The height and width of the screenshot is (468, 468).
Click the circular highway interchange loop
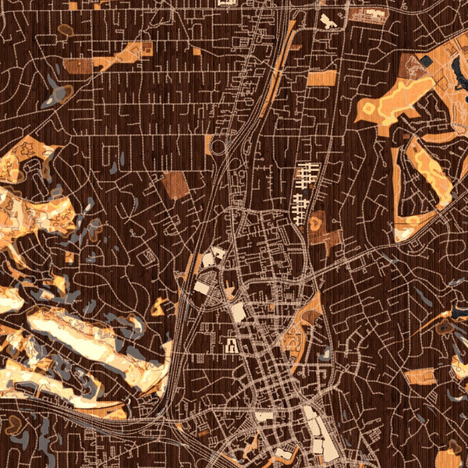click(x=218, y=146)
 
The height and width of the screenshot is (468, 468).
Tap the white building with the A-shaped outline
click(x=232, y=342)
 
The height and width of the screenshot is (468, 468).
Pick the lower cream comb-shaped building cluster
click(x=300, y=207)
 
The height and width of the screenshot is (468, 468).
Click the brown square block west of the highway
click(x=176, y=185)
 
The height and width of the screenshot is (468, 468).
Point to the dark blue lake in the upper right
click(x=459, y=74)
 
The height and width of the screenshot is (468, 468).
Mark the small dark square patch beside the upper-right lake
click(x=427, y=59)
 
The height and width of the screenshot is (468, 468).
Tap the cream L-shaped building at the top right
click(x=328, y=21)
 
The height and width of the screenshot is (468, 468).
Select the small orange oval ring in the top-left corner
click(x=66, y=30)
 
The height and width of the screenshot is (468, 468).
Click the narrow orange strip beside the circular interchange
click(x=208, y=144)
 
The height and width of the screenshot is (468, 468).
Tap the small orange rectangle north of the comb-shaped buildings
click(x=322, y=78)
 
